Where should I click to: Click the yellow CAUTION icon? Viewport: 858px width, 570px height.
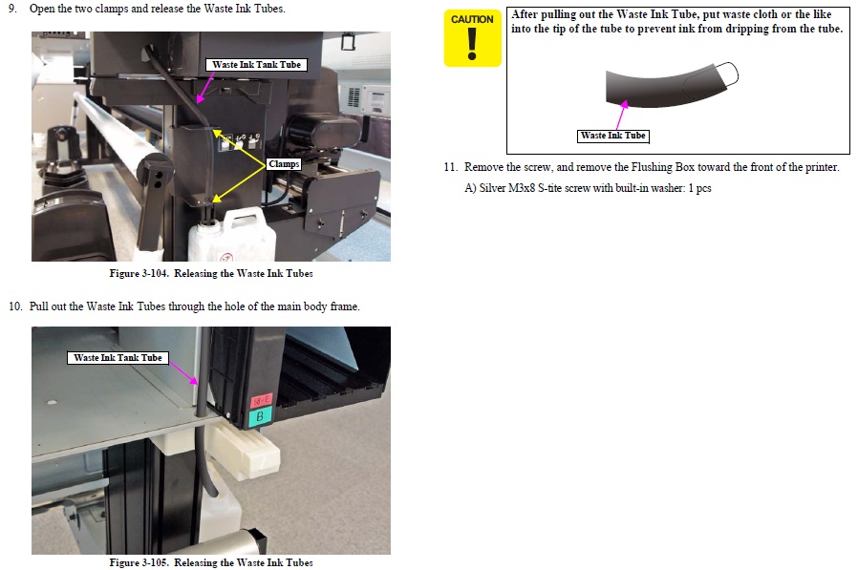pyautogui.click(x=472, y=38)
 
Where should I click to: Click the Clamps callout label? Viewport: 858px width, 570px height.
pyautogui.click(x=284, y=164)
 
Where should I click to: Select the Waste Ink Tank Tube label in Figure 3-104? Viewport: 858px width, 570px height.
pyautogui.click(x=256, y=65)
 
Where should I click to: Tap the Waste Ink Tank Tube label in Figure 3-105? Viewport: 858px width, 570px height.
pyautogui.click(x=118, y=358)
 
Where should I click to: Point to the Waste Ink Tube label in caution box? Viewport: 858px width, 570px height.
pyautogui.click(x=612, y=136)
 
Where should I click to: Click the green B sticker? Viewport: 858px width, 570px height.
pyautogui.click(x=260, y=416)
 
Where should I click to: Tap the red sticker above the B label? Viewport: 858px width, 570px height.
pyautogui.click(x=261, y=400)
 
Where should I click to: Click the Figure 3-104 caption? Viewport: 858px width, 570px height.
pyautogui.click(x=210, y=273)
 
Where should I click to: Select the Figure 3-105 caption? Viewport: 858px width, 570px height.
pyautogui.click(x=210, y=562)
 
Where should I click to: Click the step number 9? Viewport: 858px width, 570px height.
pyautogui.click(x=12, y=9)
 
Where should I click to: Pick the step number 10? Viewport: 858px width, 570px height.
pyautogui.click(x=15, y=306)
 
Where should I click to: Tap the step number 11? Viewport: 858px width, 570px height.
pyautogui.click(x=450, y=167)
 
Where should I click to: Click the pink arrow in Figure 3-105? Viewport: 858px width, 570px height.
pyautogui.click(x=183, y=373)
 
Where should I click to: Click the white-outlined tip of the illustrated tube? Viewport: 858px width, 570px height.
pyautogui.click(x=728, y=74)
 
